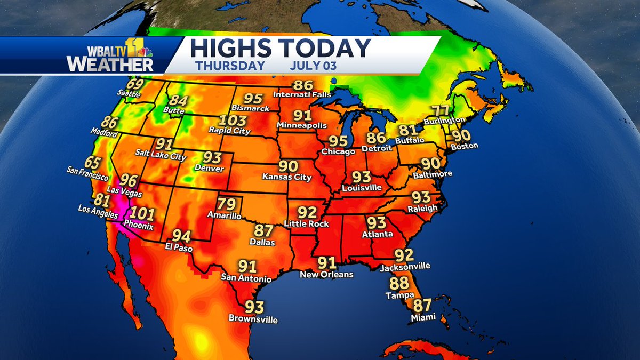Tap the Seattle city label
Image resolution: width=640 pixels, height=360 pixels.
pos(129,94)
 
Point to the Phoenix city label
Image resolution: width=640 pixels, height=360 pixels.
pos(139,226)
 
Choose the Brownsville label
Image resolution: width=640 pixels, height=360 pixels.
pos(253,319)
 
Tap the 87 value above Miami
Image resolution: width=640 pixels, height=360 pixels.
pos(422,306)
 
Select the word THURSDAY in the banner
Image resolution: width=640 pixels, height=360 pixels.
pos(230,66)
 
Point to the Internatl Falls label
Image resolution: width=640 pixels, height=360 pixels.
pos(302,94)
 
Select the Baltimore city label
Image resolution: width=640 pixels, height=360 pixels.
pos(433,174)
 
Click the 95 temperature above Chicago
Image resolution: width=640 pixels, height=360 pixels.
pos(338,141)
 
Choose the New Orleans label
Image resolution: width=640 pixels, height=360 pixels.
pos(326,275)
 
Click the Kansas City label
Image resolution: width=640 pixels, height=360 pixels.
pos(287,177)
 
